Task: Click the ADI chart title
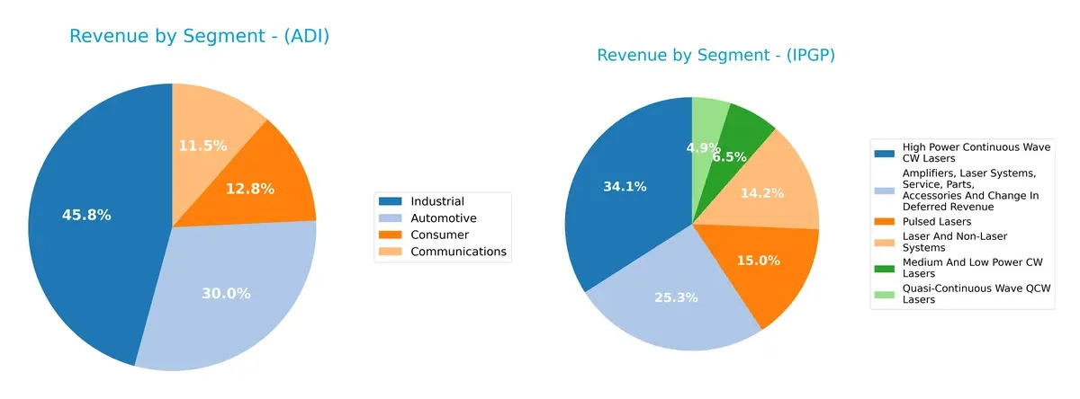pos(199,37)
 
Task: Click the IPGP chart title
pos(716,56)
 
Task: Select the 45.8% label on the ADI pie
pos(86,215)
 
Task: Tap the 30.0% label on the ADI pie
pos(226,293)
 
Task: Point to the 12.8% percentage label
pos(249,189)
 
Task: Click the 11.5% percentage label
pos(202,146)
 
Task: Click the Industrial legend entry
pos(437,201)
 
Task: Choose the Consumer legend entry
pos(439,235)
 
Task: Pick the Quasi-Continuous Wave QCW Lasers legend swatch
pos(886,288)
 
